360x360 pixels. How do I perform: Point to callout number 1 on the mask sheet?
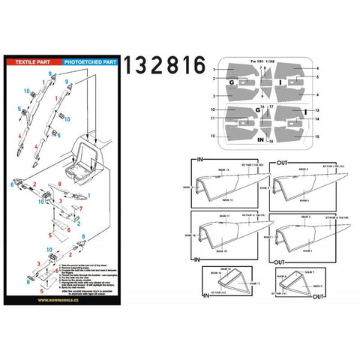(214, 68)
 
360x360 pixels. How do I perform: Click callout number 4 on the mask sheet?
(318, 68)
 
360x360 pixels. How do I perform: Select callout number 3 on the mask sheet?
(214, 96)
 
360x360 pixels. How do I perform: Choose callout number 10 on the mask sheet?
(214, 109)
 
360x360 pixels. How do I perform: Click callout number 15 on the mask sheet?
(318, 136)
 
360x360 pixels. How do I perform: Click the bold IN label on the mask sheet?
(259, 139)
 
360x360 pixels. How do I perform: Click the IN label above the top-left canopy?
(199, 160)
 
